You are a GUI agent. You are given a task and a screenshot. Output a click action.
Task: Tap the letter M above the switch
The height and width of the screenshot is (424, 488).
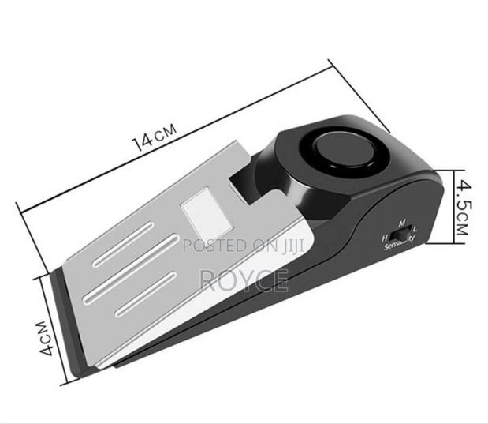point(401,223)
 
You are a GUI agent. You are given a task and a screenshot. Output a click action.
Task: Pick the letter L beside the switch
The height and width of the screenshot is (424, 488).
point(415,230)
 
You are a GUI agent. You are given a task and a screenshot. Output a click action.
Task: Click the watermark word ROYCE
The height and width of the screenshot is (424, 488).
point(244,278)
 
